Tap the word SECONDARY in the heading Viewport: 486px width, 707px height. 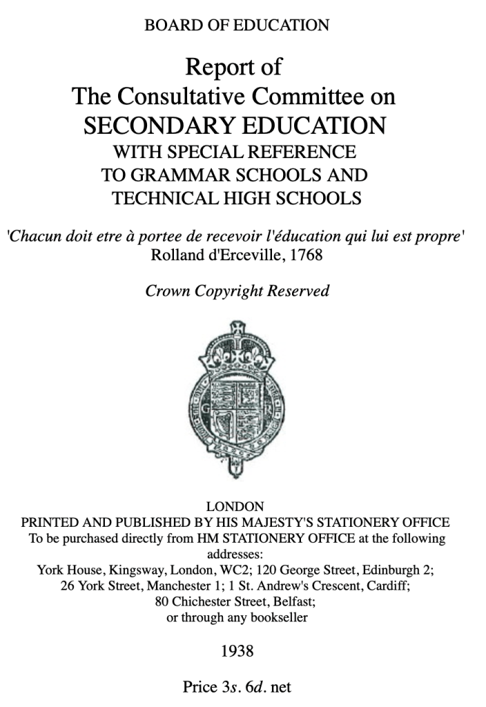153,126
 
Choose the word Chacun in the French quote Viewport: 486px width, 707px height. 32,235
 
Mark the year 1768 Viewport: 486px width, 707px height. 304,255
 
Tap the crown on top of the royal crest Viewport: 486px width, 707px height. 237,342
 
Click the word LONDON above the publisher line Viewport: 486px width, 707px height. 235,506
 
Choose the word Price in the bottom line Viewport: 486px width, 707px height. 199,687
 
